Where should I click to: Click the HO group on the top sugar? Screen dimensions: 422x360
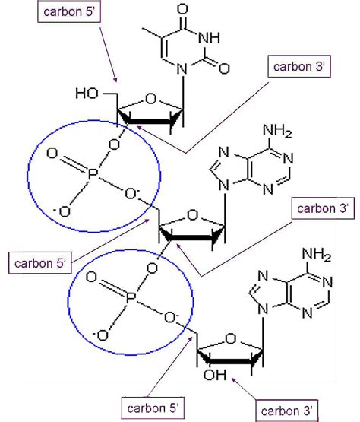(85, 94)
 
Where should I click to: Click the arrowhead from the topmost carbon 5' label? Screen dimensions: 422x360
(115, 81)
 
